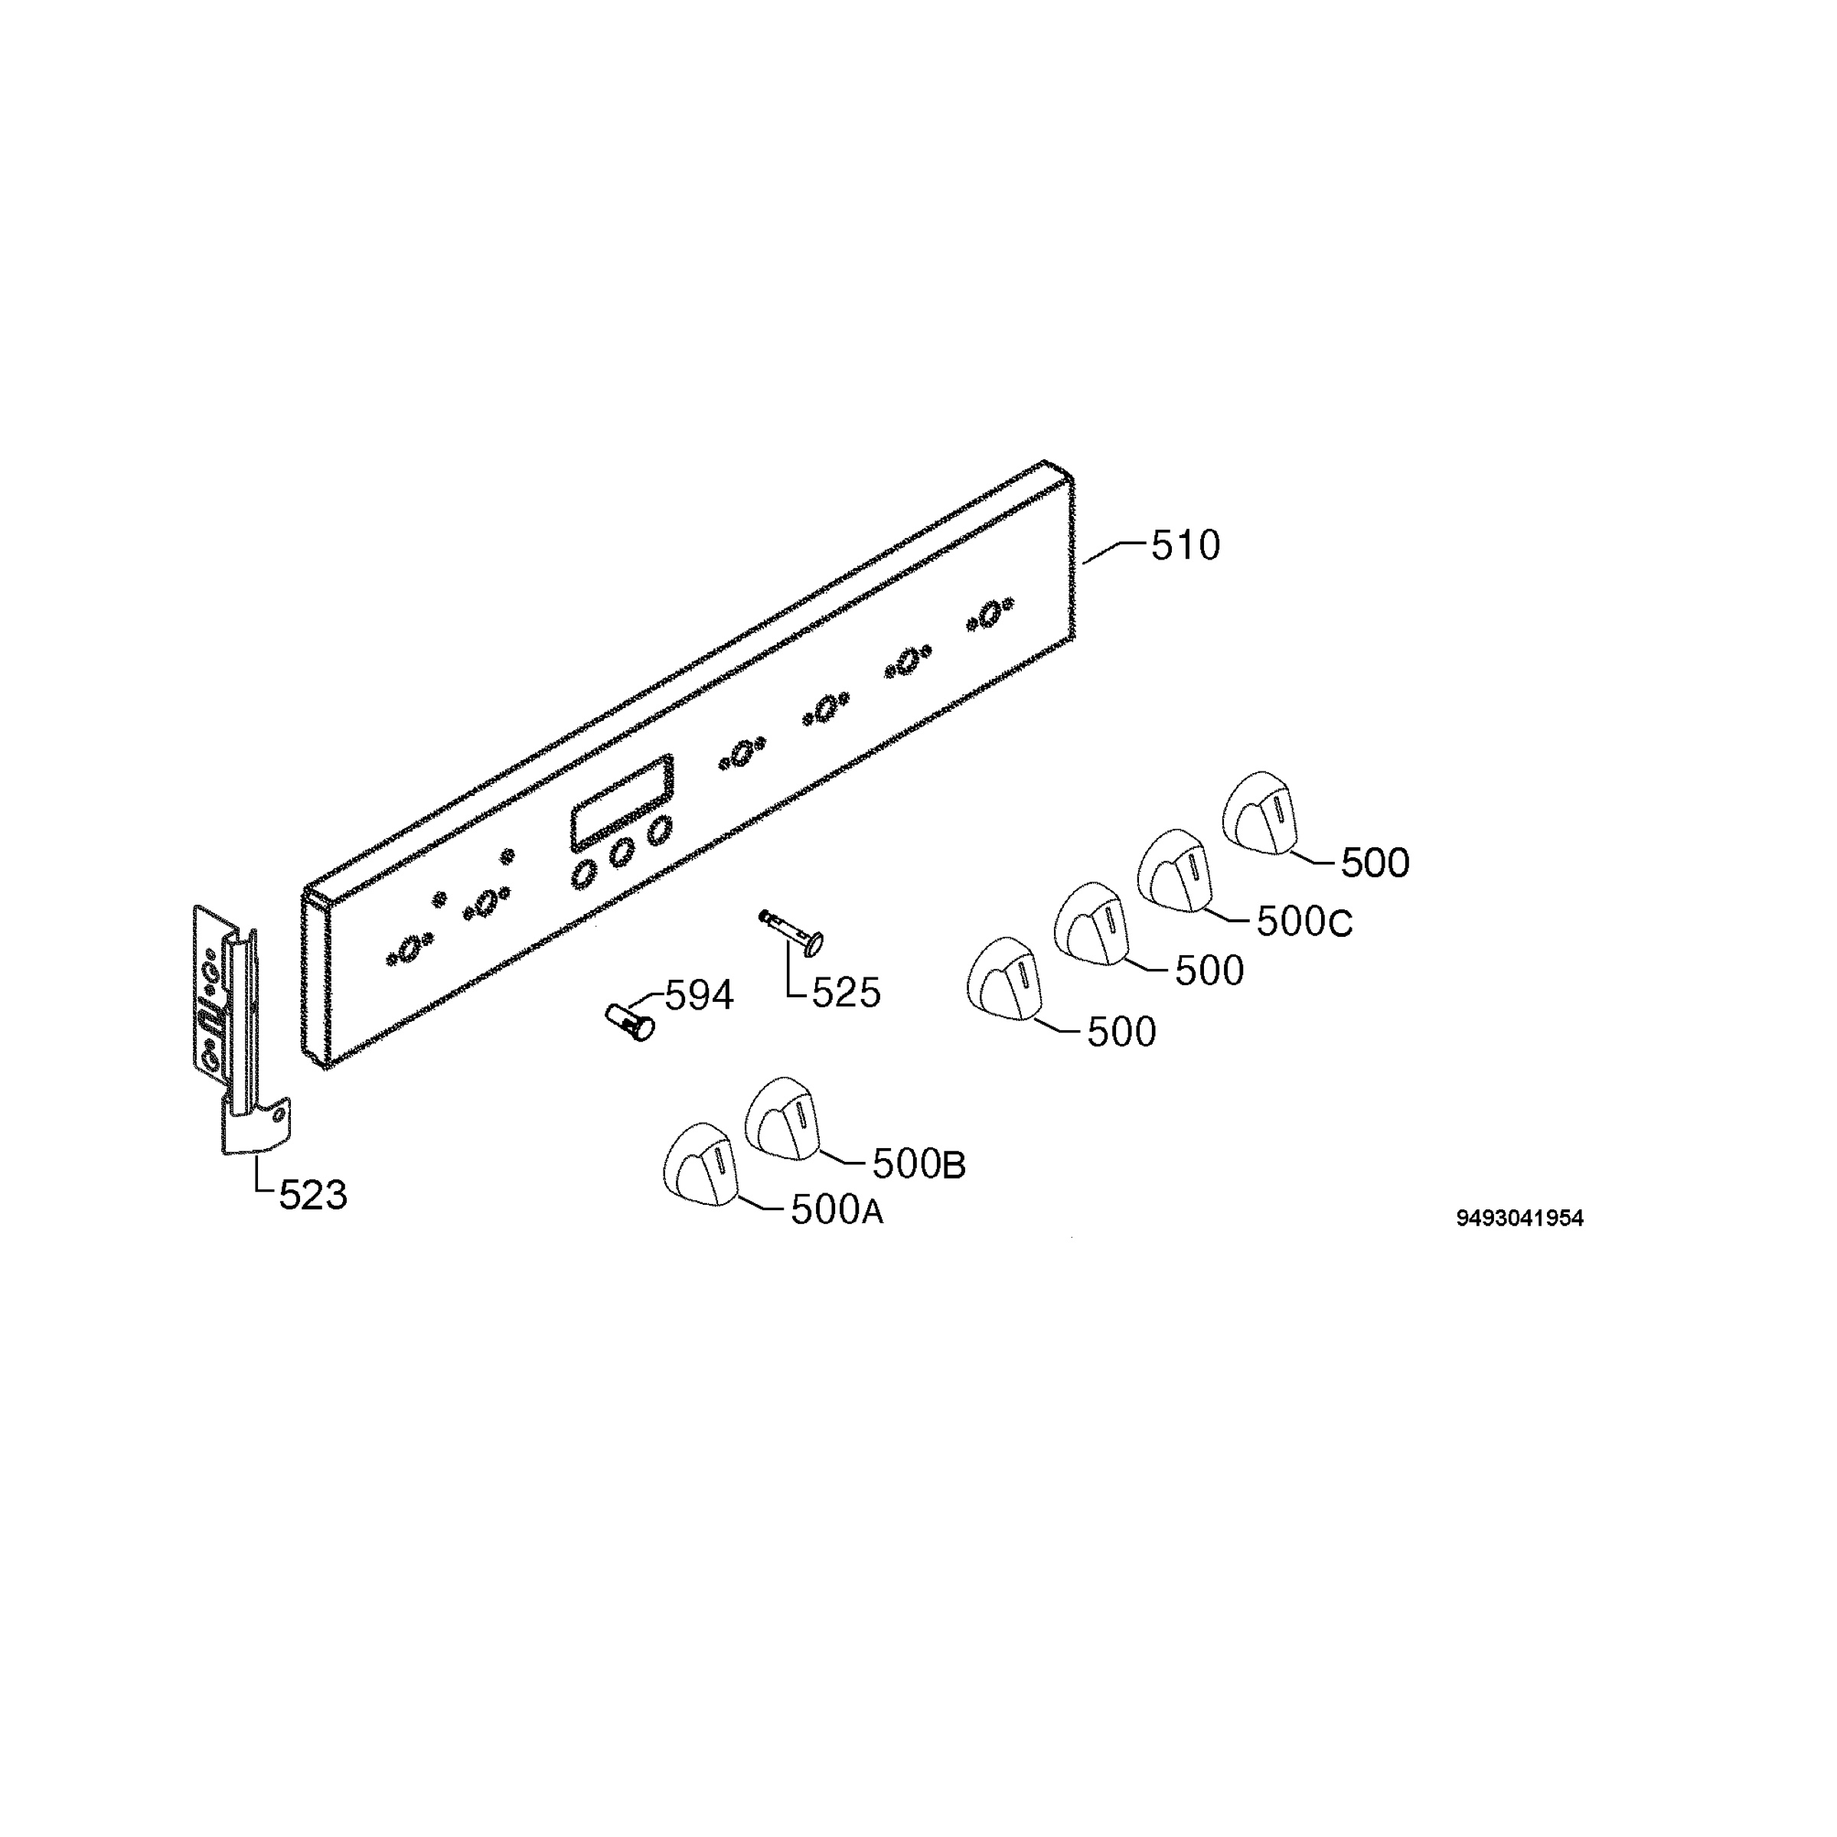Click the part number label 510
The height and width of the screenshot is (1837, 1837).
(1185, 546)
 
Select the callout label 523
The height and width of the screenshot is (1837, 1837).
(313, 1195)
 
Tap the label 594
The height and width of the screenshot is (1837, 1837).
(699, 997)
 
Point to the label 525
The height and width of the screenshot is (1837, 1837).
(847, 994)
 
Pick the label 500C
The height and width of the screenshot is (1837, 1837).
(1304, 922)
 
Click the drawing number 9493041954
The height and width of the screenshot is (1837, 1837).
(1519, 1219)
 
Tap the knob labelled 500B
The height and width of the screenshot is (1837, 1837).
(781, 1118)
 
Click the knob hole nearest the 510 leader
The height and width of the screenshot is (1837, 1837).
(990, 614)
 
